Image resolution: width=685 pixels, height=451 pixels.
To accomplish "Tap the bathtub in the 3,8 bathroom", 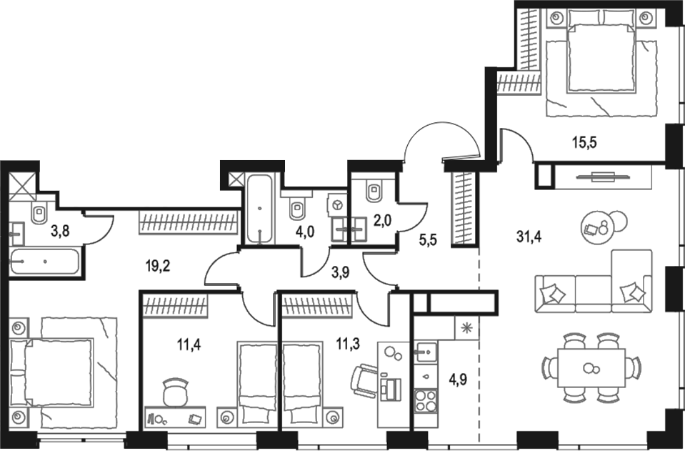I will click(x=44, y=262).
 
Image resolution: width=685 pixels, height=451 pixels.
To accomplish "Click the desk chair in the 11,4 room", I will click(x=176, y=392).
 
